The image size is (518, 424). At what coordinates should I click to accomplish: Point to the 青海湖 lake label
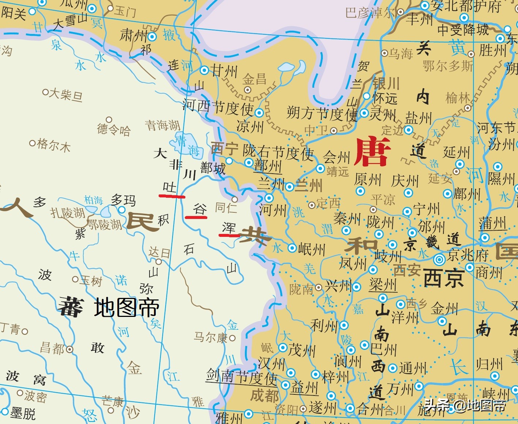[x=163, y=125]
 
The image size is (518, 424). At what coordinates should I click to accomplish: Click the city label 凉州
[x=250, y=126]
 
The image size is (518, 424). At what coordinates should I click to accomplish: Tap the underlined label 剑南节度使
[x=242, y=376]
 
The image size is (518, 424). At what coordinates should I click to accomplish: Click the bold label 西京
[x=444, y=279]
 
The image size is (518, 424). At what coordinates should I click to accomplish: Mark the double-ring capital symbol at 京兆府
[x=439, y=260]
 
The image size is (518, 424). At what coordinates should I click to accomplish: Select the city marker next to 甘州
[x=204, y=71]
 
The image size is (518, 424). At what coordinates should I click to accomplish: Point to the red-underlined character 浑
[x=229, y=228]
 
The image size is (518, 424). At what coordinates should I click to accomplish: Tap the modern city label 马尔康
[x=211, y=337]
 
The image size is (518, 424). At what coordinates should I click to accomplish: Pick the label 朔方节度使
[x=322, y=113]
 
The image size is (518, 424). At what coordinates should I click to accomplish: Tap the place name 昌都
[x=53, y=348]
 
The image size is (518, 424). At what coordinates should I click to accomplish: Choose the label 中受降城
[x=463, y=29]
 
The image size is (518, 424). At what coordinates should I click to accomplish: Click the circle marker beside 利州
[x=344, y=325]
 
